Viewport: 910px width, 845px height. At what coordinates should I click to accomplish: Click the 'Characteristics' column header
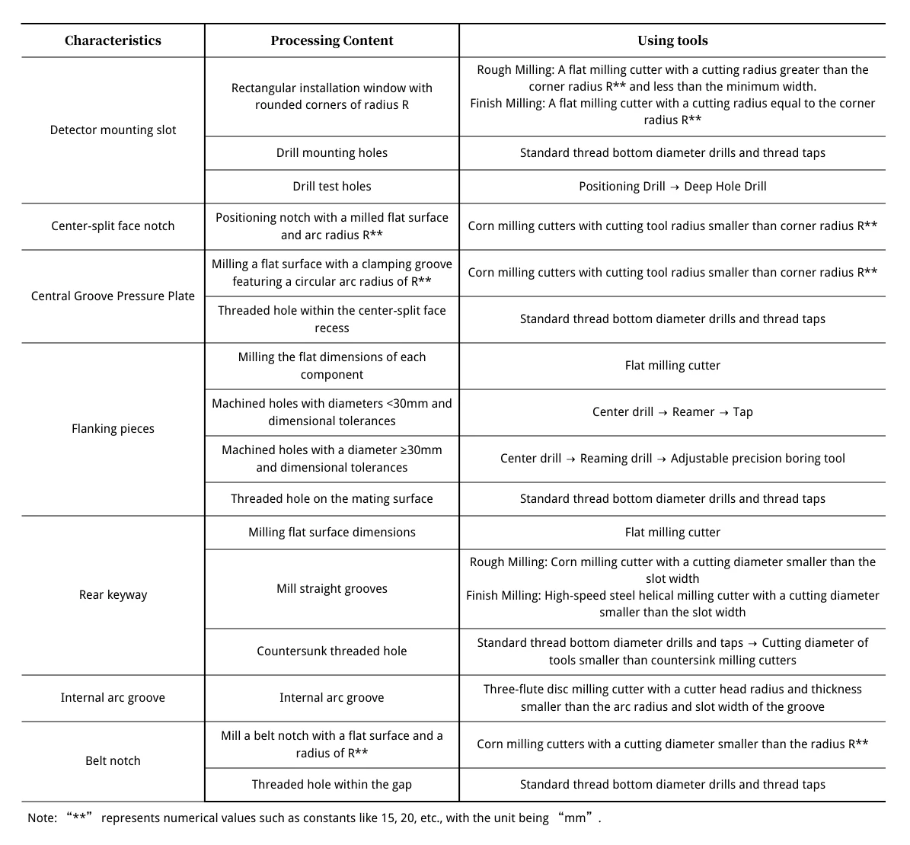click(x=113, y=41)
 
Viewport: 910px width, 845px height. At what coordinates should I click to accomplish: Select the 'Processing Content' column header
click(x=332, y=41)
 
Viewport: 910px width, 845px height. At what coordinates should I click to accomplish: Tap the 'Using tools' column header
click(x=672, y=41)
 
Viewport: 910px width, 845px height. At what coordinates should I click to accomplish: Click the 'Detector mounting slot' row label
click(x=113, y=130)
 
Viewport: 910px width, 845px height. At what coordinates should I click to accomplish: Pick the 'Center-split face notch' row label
click(x=113, y=226)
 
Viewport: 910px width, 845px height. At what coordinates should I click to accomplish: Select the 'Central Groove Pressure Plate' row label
click(x=113, y=296)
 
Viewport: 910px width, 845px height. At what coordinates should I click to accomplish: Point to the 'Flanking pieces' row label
click(x=113, y=429)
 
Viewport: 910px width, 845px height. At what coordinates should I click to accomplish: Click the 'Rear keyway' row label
click(x=113, y=595)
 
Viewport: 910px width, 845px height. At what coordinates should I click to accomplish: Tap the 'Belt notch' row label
click(x=113, y=761)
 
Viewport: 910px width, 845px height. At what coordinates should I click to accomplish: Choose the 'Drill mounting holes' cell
click(x=332, y=153)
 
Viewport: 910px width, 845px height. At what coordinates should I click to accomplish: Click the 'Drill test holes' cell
click(x=332, y=187)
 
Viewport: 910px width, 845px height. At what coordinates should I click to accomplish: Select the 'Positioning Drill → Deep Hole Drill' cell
click(x=672, y=187)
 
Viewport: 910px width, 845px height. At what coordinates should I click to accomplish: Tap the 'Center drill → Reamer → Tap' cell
click(x=672, y=412)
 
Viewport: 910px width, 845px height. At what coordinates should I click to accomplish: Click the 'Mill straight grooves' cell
click(x=332, y=589)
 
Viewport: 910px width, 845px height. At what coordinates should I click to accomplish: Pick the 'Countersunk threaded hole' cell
click(x=332, y=651)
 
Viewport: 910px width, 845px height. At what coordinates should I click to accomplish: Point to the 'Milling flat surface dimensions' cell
click(x=332, y=533)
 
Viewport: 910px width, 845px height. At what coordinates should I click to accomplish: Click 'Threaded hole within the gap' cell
click(x=332, y=785)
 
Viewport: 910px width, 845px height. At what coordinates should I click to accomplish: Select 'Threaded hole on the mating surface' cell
click(x=332, y=499)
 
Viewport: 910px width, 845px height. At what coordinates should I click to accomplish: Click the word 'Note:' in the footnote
click(x=42, y=818)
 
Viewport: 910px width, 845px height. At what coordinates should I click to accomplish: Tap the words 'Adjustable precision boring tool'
click(x=758, y=459)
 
